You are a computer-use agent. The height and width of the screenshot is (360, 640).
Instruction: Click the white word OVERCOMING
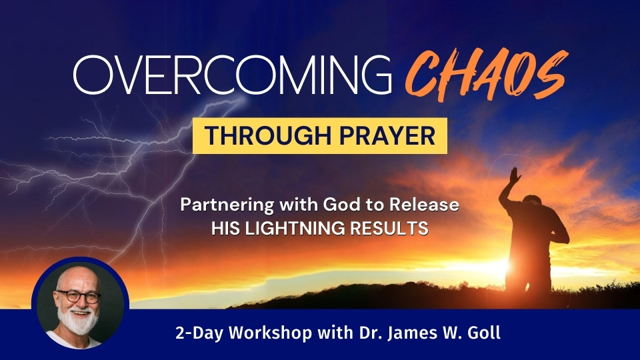(x=233, y=75)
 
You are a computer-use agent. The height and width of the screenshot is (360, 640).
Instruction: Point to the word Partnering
(x=227, y=205)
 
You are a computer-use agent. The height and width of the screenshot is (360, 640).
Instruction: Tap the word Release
(x=424, y=205)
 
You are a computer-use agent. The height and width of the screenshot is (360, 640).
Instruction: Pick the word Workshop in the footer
(x=271, y=333)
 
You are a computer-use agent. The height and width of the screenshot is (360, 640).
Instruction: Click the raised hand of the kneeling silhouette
(x=515, y=175)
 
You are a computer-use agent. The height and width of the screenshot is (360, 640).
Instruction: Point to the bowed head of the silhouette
(x=532, y=201)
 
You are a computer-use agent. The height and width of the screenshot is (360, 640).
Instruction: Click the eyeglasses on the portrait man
(x=79, y=296)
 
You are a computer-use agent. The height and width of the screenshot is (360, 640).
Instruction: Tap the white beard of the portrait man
(x=78, y=321)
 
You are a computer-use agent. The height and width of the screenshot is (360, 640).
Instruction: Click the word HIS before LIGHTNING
(x=226, y=228)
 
